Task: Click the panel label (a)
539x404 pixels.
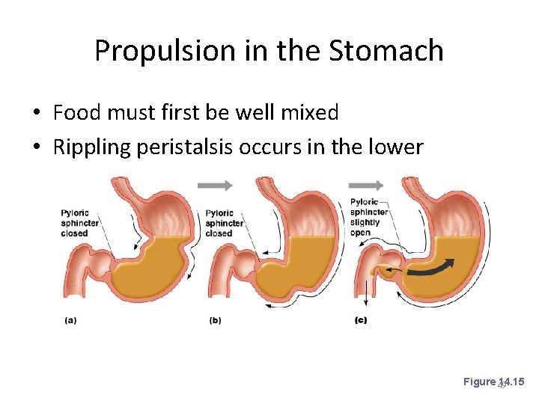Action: click(70, 320)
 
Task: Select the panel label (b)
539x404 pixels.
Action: click(215, 320)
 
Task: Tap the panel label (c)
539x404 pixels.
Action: click(359, 320)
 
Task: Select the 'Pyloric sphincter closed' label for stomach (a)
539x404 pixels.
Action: click(75, 223)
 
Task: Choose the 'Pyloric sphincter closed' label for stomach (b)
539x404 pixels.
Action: click(224, 223)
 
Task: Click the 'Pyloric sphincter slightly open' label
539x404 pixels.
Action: click(369, 217)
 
